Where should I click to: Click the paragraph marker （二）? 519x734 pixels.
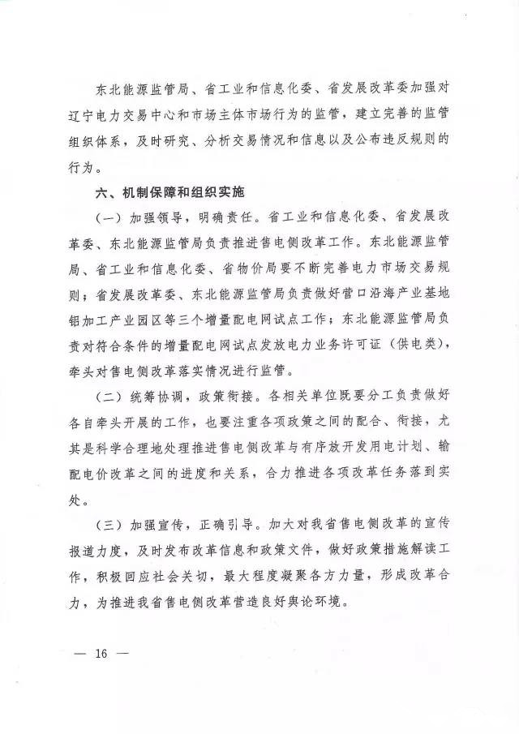pyautogui.click(x=111, y=397)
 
